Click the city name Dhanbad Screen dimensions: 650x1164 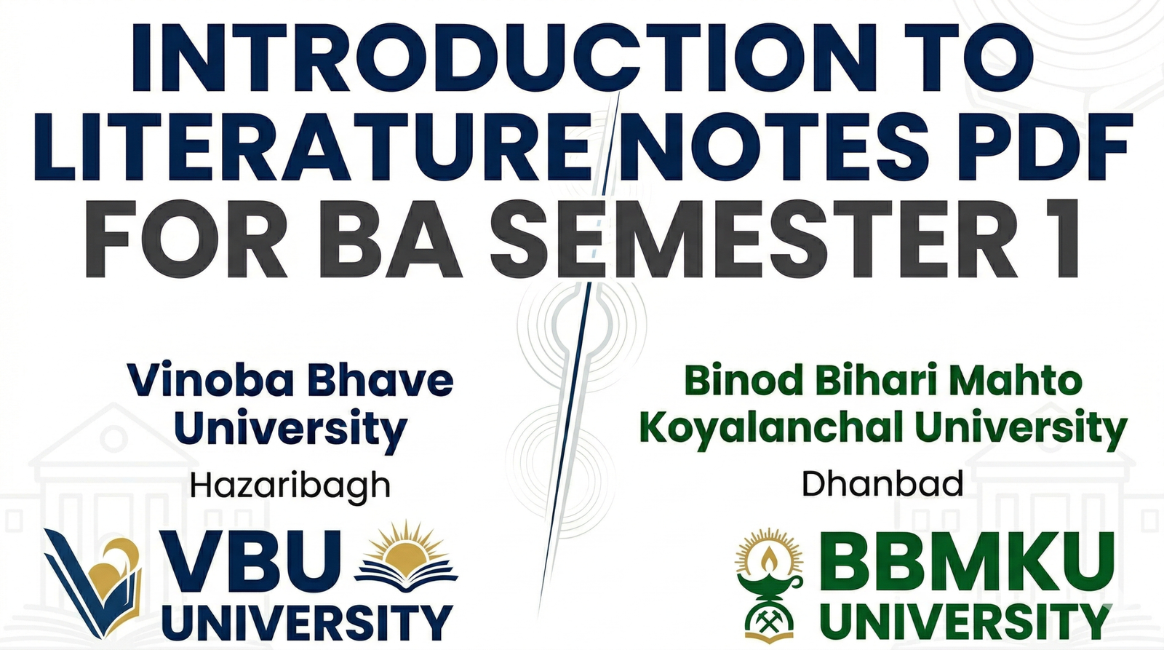click(882, 484)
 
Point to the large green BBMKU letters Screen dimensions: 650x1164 click(968, 564)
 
